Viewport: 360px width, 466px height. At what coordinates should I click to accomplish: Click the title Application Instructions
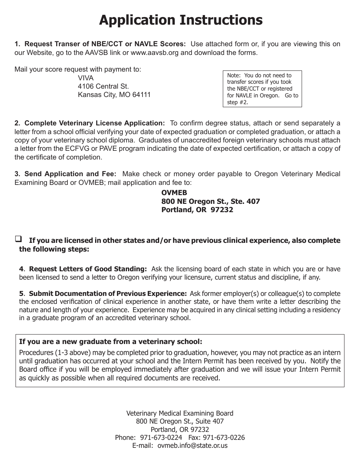[180, 20]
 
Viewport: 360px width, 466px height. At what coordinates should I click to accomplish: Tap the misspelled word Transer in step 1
[62, 44]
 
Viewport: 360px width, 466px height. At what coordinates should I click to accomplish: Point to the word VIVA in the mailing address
[86, 78]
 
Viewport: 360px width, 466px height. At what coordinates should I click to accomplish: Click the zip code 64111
[141, 95]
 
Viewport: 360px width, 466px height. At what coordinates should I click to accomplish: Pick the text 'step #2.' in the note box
[238, 102]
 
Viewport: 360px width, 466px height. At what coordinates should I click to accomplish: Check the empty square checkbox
[18, 239]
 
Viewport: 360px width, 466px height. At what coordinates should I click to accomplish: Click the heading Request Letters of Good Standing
[88, 269]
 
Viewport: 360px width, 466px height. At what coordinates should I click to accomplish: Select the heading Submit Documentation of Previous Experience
[108, 294]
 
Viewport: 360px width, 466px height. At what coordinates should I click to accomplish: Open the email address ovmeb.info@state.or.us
[192, 446]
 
